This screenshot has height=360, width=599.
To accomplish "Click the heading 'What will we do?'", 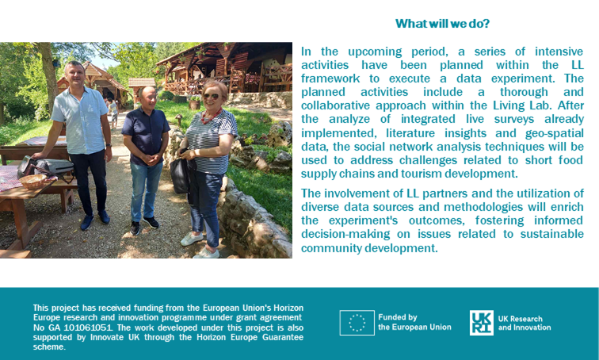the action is pyautogui.click(x=442, y=24).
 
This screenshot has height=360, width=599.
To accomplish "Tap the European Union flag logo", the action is pyautogui.click(x=357, y=323).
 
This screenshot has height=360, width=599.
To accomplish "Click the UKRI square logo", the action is pyautogui.click(x=482, y=323).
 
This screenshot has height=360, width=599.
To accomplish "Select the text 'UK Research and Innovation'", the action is pyautogui.click(x=525, y=323).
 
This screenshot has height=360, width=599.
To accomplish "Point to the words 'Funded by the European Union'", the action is pyautogui.click(x=414, y=322).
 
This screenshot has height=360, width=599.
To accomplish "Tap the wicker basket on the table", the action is pyautogui.click(x=33, y=181).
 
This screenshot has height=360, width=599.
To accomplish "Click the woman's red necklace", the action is pyautogui.click(x=212, y=116).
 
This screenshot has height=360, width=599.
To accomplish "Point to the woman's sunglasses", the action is pyautogui.click(x=211, y=96).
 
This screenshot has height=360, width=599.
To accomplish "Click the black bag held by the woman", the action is pyautogui.click(x=180, y=175).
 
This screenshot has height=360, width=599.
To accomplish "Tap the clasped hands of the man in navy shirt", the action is pyautogui.click(x=146, y=159).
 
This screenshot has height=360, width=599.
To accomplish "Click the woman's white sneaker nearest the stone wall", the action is pyautogui.click(x=207, y=253).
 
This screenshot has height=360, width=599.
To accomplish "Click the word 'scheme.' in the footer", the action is pyautogui.click(x=49, y=347).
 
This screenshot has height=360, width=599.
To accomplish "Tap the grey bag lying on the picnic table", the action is pyautogui.click(x=54, y=167).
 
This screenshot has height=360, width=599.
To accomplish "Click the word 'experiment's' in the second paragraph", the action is pyautogui.click(x=363, y=221).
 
